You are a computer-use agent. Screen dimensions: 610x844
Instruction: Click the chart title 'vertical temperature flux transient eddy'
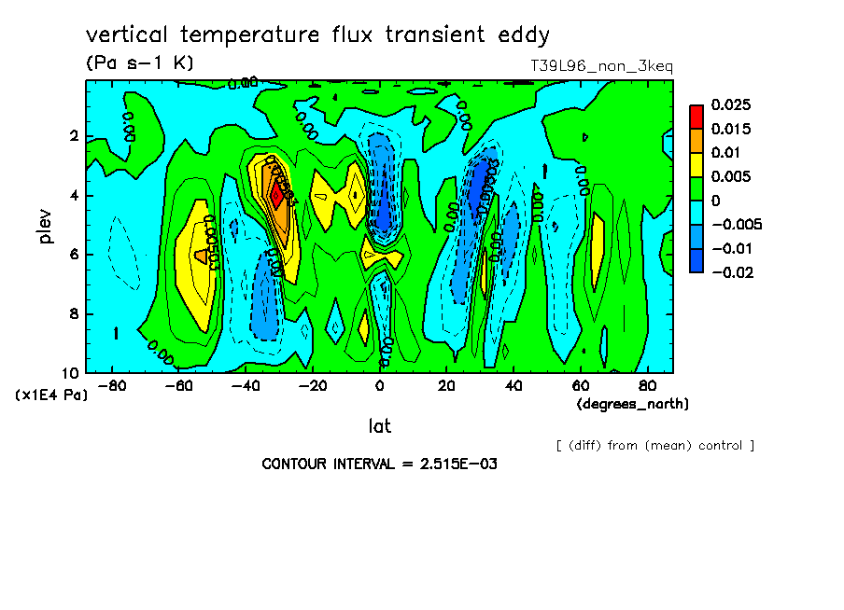coord(317,35)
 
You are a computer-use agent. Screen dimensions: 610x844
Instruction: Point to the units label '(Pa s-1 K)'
coord(139,63)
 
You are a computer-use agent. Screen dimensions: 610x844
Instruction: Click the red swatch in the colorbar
coord(696,116)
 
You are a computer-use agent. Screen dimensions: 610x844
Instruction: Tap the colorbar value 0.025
coord(731,104)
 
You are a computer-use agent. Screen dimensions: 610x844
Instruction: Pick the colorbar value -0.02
coord(731,271)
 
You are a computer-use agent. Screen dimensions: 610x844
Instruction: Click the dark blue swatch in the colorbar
coord(696,260)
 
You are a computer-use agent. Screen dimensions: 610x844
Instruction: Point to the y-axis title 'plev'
coord(47,226)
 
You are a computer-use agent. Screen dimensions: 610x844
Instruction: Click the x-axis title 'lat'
coord(379,426)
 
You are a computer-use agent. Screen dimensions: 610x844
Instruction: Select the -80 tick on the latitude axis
coord(111,386)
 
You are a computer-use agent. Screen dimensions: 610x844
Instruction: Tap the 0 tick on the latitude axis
coord(379,386)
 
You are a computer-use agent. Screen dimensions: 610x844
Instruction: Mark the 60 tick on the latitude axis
coord(579,386)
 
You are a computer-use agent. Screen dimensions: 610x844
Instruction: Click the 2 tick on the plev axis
coord(74,136)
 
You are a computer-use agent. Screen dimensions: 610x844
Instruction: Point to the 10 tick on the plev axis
coord(69,372)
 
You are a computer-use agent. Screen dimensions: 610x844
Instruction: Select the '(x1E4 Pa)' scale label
coord(51,395)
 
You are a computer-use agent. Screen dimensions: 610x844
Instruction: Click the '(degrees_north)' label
coord(633,404)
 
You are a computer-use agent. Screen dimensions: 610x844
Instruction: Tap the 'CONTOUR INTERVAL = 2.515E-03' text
coord(379,464)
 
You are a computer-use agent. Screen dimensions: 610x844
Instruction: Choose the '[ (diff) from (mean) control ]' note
coord(654,445)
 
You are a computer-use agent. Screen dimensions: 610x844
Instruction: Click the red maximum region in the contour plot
coord(276,196)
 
